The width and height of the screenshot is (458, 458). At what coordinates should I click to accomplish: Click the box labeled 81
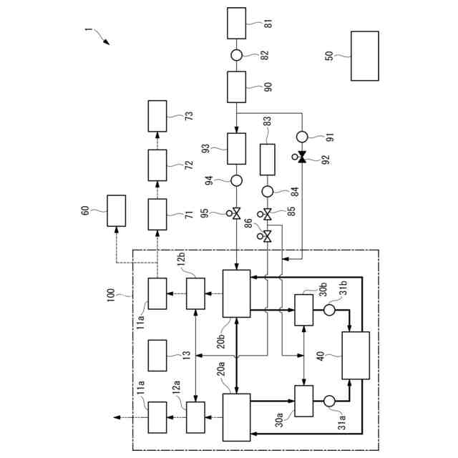(236, 23)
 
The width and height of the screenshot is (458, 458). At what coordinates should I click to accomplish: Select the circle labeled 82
(236, 55)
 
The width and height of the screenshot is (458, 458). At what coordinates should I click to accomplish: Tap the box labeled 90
(236, 87)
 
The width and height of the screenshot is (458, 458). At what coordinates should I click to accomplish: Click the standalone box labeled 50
(364, 56)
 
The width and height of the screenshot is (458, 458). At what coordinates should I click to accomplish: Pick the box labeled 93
(236, 148)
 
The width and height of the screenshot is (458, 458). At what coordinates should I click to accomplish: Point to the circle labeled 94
(236, 180)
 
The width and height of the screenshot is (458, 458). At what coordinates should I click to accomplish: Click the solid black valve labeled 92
(301, 157)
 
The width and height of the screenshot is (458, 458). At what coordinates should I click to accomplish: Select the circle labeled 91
(301, 136)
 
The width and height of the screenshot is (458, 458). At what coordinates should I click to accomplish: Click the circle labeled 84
(267, 191)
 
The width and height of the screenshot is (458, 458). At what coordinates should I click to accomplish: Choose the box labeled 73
(157, 116)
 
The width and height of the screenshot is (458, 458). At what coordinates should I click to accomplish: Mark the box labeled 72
(157, 165)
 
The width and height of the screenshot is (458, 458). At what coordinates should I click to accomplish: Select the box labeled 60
(116, 210)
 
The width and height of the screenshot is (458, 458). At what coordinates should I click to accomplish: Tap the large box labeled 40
(356, 356)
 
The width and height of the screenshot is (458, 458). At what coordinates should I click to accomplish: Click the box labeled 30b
(304, 309)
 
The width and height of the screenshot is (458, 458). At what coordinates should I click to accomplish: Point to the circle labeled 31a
(330, 401)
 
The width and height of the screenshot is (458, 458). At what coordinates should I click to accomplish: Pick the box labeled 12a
(195, 416)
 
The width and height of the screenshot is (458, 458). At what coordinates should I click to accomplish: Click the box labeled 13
(157, 356)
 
